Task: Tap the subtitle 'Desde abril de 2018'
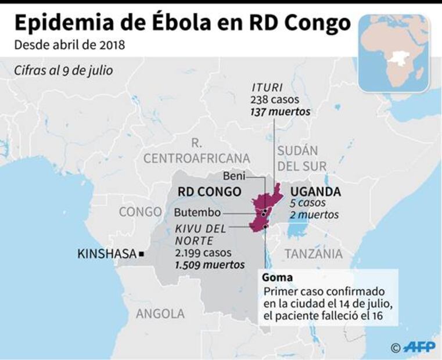point(70,45)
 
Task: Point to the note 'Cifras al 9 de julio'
point(64,71)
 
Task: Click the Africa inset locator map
point(394,53)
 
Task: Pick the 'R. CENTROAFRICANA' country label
point(196,151)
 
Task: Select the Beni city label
point(235,176)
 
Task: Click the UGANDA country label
point(315,192)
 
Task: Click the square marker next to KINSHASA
point(141,254)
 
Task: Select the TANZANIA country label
point(313,254)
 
